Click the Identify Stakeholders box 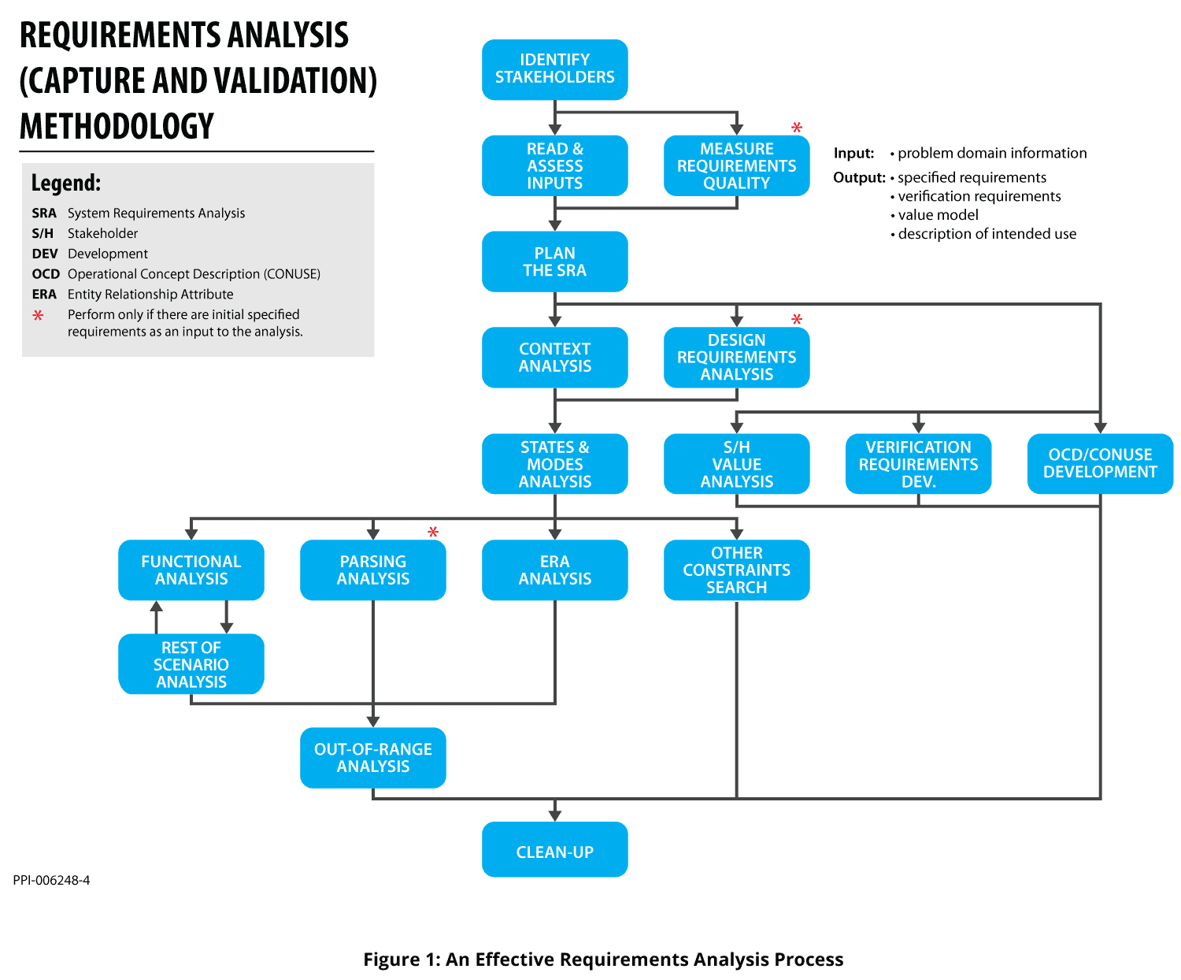[554, 69]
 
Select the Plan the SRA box [554, 262]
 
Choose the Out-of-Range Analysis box [372, 757]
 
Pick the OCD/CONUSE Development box [1100, 463]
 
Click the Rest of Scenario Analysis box [191, 664]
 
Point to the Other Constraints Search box [736, 570]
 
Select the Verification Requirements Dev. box [918, 463]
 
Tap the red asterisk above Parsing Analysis [433, 533]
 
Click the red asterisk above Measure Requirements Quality [797, 128]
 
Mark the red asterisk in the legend [38, 315]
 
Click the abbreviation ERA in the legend [44, 295]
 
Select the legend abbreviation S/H [43, 233]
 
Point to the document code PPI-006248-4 [51, 880]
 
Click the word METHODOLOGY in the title [117, 127]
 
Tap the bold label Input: [853, 153]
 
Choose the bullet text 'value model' [938, 215]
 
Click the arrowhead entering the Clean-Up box [555, 815]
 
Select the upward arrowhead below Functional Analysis [157, 607]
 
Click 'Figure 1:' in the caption [402, 959]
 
